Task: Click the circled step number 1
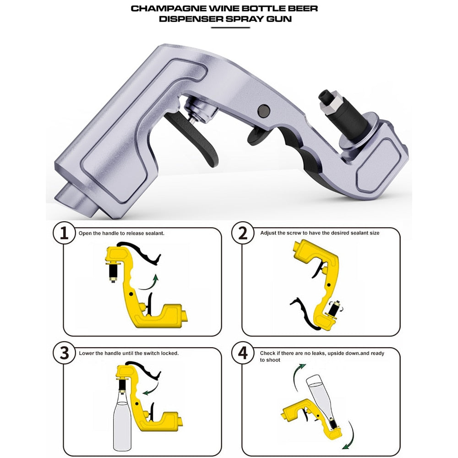coord(64,234)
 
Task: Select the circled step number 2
coord(243,234)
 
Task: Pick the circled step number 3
coord(64,353)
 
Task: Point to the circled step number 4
coord(243,353)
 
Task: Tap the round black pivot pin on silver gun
coord(263,110)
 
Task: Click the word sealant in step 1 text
coord(153,233)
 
